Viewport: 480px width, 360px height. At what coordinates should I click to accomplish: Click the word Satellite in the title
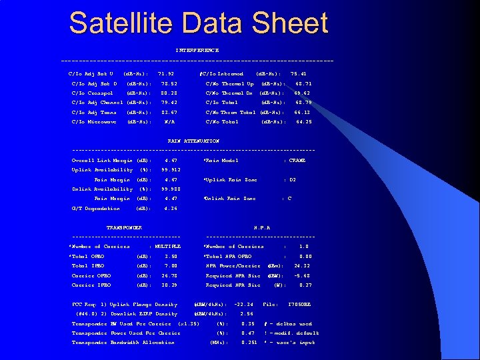click(x=119, y=23)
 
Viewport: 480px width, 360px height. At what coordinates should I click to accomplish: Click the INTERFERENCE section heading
click(x=197, y=51)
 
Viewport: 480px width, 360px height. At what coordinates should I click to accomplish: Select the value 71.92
click(x=165, y=73)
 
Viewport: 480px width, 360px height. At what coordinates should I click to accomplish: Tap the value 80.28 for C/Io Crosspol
click(x=169, y=93)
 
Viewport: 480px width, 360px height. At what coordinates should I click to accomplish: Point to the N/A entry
click(x=169, y=122)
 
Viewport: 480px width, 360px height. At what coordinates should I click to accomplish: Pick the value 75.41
click(x=299, y=73)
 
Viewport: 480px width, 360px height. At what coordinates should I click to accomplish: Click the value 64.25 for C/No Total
click(x=303, y=122)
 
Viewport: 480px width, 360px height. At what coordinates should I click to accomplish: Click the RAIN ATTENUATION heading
click(x=193, y=141)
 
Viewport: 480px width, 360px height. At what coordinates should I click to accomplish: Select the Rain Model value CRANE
click(x=297, y=161)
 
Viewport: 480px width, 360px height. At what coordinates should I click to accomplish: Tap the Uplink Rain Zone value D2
click(x=292, y=180)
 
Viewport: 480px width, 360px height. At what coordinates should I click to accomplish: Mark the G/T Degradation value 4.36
click(x=170, y=209)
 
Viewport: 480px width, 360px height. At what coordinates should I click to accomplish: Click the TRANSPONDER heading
click(x=124, y=228)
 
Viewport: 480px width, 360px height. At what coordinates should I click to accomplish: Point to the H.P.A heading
click(x=261, y=228)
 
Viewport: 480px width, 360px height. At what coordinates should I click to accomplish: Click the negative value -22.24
click(x=243, y=305)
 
